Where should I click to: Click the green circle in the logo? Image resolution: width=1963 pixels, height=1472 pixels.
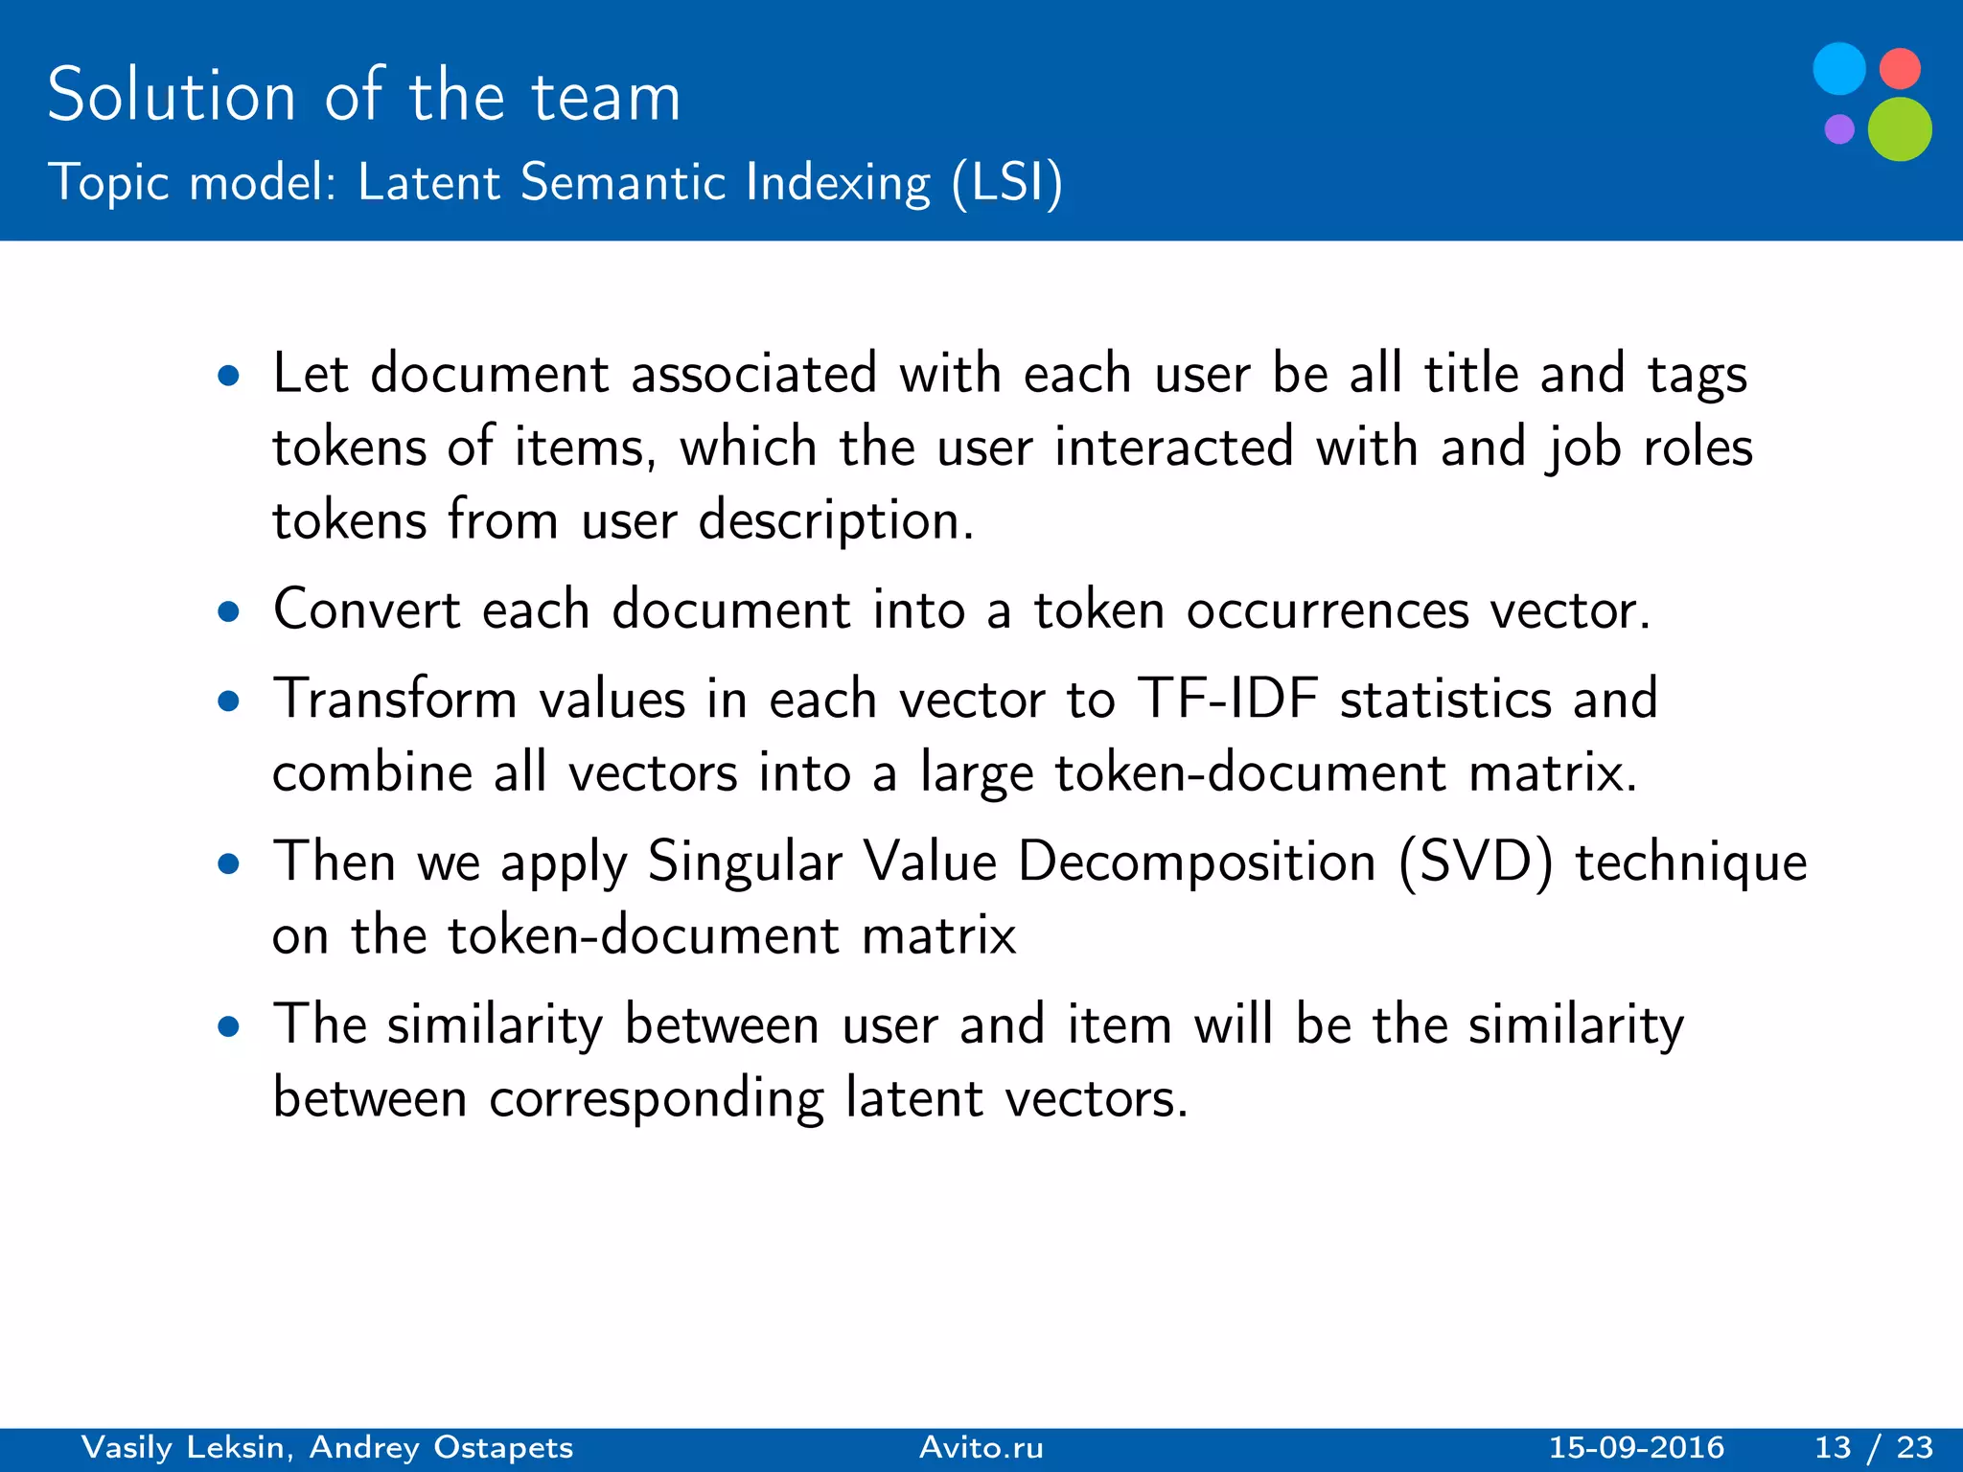[1899, 129]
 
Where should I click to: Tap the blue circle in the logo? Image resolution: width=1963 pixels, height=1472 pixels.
[1839, 69]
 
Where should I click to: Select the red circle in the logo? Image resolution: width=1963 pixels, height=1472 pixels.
[1900, 69]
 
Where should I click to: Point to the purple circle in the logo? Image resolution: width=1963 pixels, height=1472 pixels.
[1839, 128]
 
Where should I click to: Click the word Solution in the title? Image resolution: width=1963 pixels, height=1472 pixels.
[172, 96]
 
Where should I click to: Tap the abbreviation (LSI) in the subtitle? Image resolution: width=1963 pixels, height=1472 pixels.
[1007, 182]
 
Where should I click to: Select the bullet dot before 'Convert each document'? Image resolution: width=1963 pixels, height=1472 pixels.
[228, 611]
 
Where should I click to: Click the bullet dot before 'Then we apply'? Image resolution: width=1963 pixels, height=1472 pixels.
[228, 864]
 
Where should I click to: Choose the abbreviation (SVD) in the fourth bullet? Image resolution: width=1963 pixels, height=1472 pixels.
[1475, 862]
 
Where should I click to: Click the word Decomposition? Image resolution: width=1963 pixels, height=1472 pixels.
[1197, 862]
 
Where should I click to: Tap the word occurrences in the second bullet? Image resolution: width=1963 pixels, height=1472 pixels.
[1328, 610]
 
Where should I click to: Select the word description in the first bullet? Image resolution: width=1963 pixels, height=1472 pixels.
[835, 522]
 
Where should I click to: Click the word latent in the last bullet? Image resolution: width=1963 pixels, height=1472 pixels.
[913, 1097]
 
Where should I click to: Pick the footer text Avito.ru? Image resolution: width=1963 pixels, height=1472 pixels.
[981, 1447]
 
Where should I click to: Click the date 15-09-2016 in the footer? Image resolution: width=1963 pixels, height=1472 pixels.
[1636, 1447]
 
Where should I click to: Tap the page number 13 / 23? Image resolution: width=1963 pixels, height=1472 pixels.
[1874, 1447]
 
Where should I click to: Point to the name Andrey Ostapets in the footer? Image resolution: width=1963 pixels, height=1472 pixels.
[441, 1447]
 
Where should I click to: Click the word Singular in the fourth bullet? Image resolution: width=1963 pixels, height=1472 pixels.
[744, 862]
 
